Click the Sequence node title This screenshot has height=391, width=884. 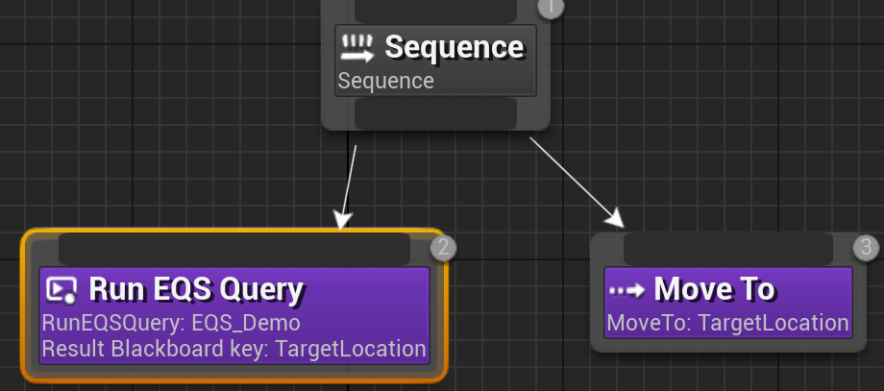454,46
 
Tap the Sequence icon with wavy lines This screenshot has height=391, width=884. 357,47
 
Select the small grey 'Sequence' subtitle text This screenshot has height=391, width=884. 386,81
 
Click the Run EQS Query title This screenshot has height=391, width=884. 196,288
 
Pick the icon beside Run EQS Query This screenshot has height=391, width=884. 61,289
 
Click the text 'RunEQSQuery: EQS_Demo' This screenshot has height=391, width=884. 171,322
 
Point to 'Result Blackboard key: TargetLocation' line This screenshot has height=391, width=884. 233,348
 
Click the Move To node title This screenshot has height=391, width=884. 714,288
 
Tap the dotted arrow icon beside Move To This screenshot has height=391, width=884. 626,289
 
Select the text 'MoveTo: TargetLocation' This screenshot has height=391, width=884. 727,323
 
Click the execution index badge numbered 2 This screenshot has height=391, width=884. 442,248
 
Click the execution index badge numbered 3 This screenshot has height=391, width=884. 866,248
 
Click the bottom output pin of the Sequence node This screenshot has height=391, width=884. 435,113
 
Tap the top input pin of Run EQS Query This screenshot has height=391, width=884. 233,249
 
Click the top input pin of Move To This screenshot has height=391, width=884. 727,249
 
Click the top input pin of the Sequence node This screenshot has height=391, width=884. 435,10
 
